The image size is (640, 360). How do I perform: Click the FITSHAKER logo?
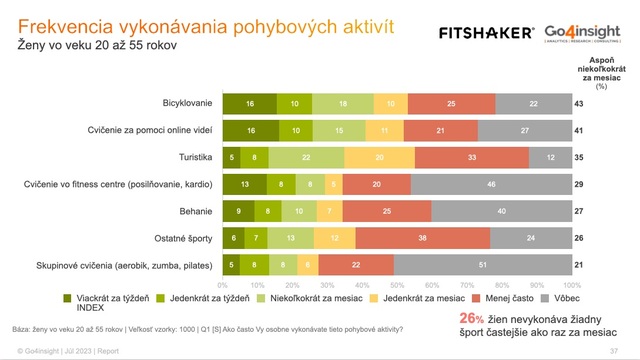[486, 33]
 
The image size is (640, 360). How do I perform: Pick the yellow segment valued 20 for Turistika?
[379, 157]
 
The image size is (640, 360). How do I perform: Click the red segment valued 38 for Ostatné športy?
[424, 238]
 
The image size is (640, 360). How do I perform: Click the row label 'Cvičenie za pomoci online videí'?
[150, 130]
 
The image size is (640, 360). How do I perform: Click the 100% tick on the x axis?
[579, 284]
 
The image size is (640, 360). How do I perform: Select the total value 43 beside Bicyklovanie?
[607, 103]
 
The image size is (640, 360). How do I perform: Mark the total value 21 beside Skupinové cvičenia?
[607, 265]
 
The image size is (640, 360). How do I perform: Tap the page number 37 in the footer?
[624, 351]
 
